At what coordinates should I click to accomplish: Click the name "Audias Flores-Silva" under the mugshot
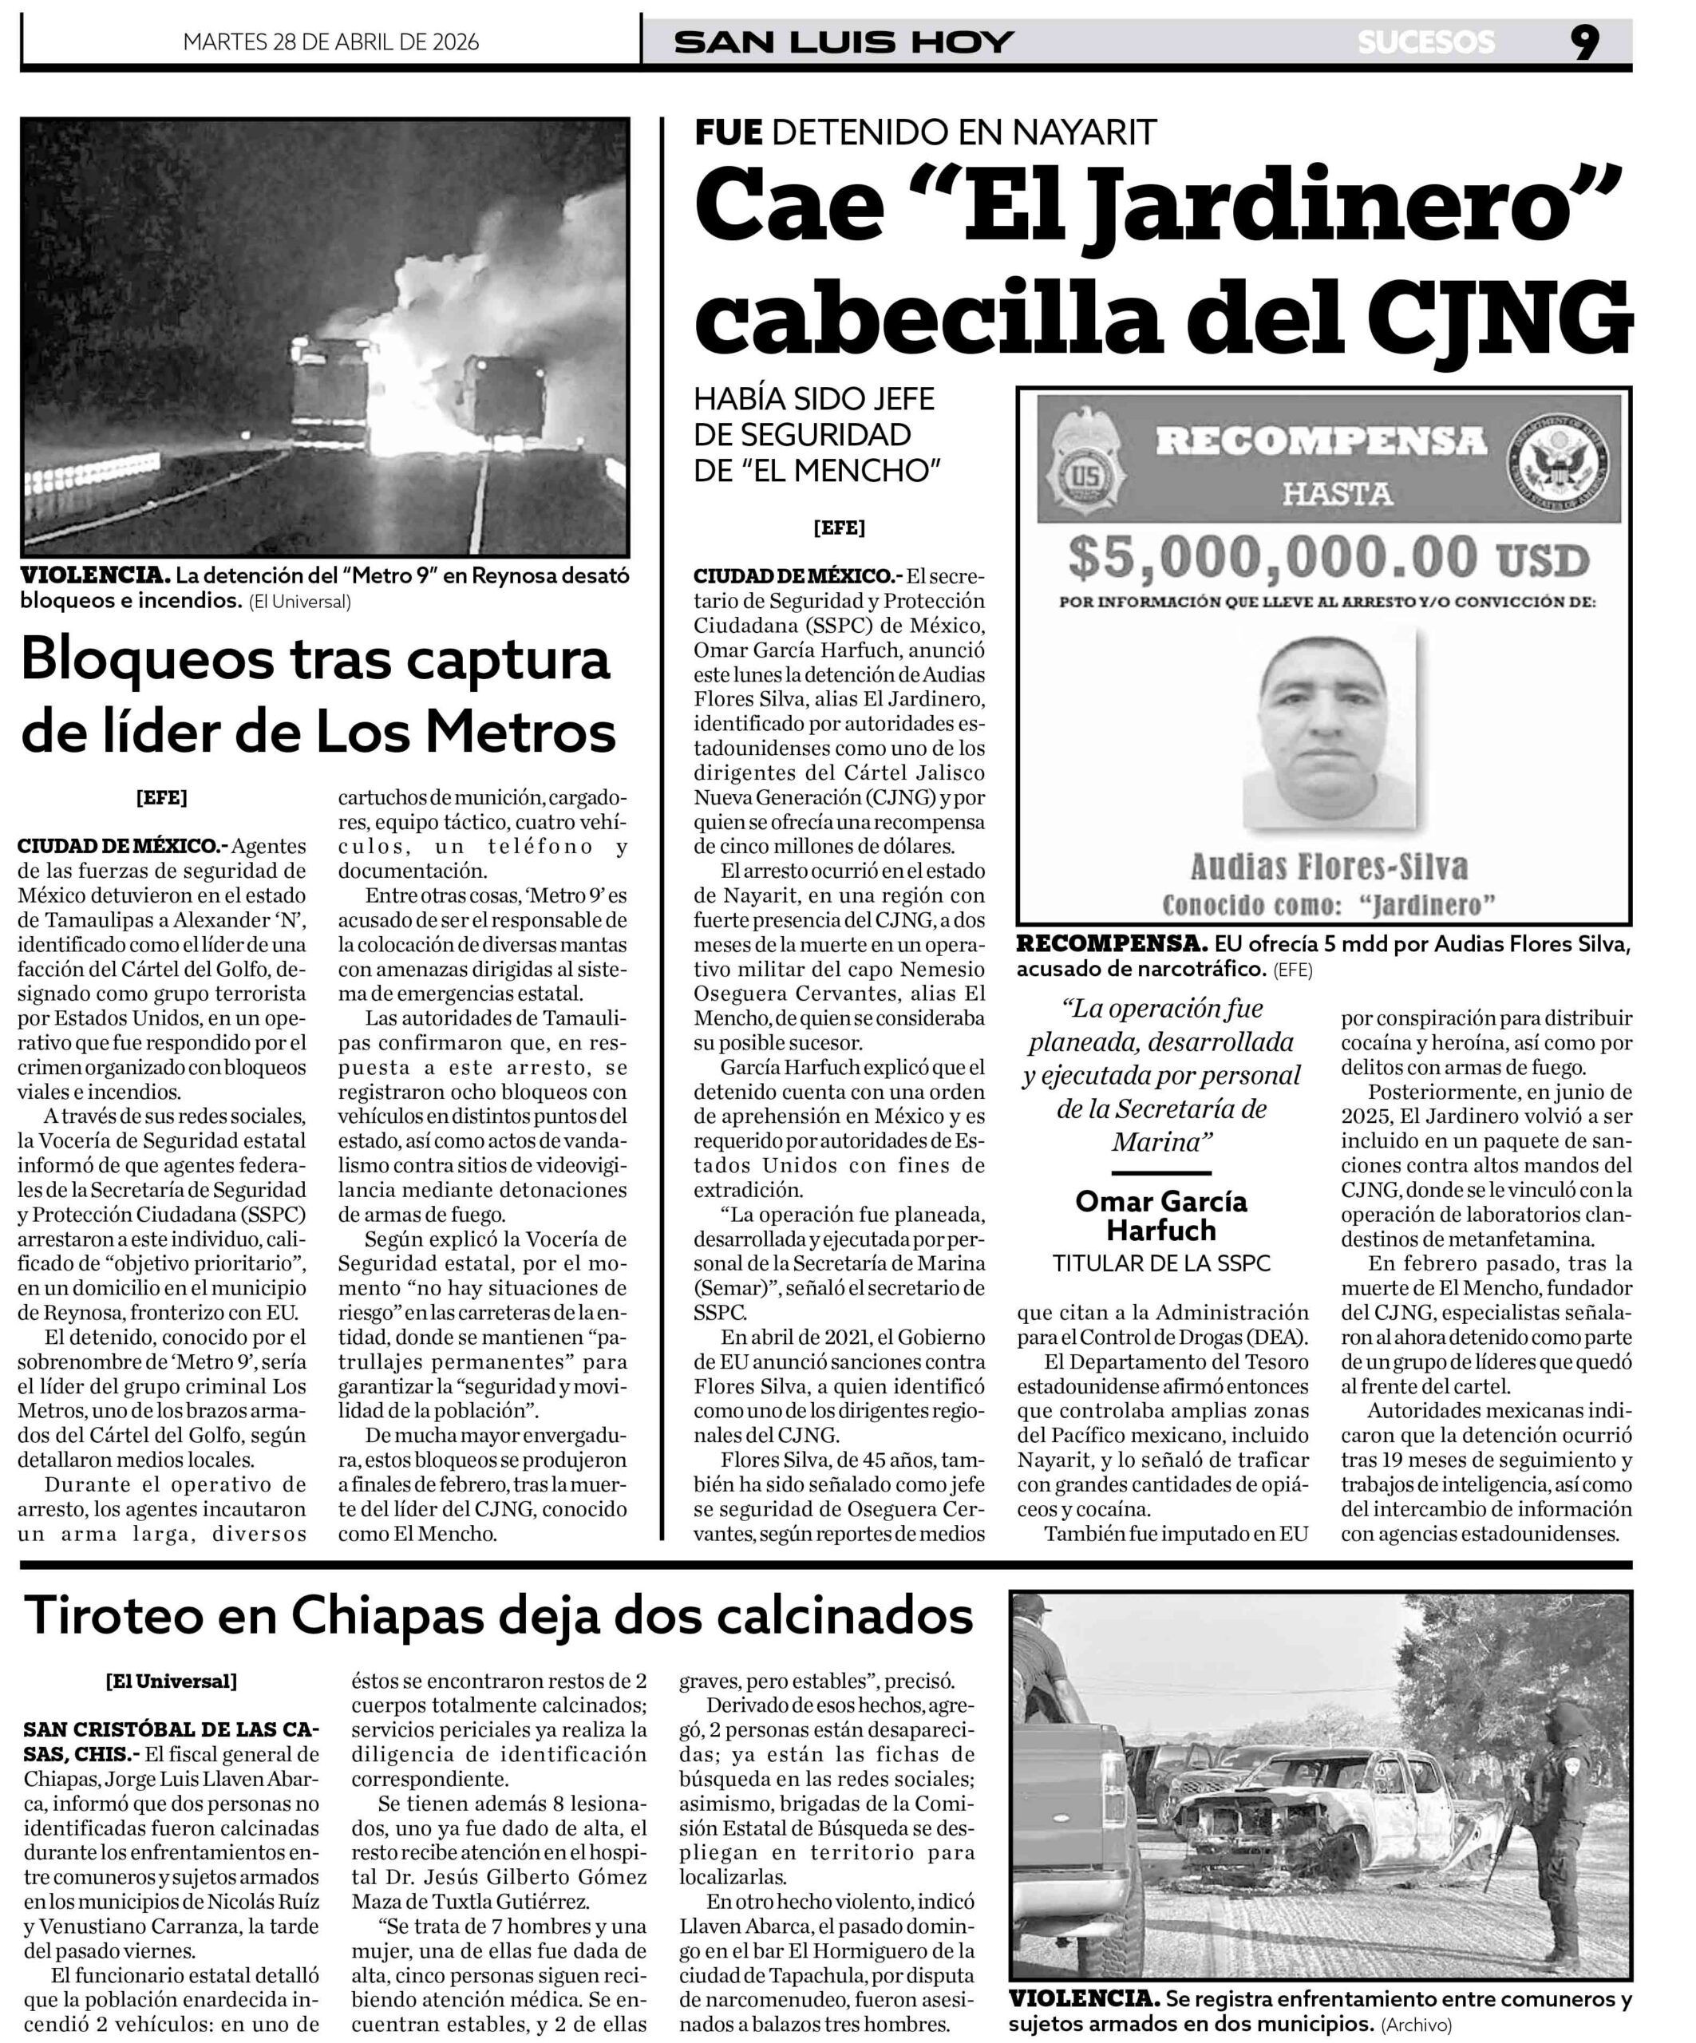coord(1329,866)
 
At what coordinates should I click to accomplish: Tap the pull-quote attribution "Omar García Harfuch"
coord(1160,1215)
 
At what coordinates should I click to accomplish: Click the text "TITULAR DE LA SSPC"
coord(1160,1263)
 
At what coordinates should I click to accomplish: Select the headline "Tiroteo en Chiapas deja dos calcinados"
coord(498,1616)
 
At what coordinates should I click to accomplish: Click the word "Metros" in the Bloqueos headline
coord(520,732)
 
